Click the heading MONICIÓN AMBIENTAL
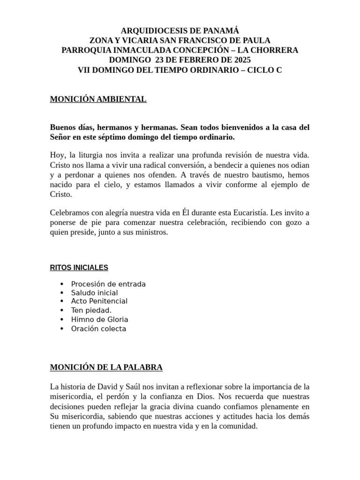click(98, 99)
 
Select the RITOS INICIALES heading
click(79, 268)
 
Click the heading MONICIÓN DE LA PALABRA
click(106, 367)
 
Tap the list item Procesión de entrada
click(108, 284)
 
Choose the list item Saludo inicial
click(94, 293)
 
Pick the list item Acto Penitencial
click(99, 301)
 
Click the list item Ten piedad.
click(91, 310)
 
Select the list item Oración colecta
click(98, 329)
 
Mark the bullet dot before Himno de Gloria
click(62, 320)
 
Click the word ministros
click(151, 232)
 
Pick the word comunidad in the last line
click(237, 427)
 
